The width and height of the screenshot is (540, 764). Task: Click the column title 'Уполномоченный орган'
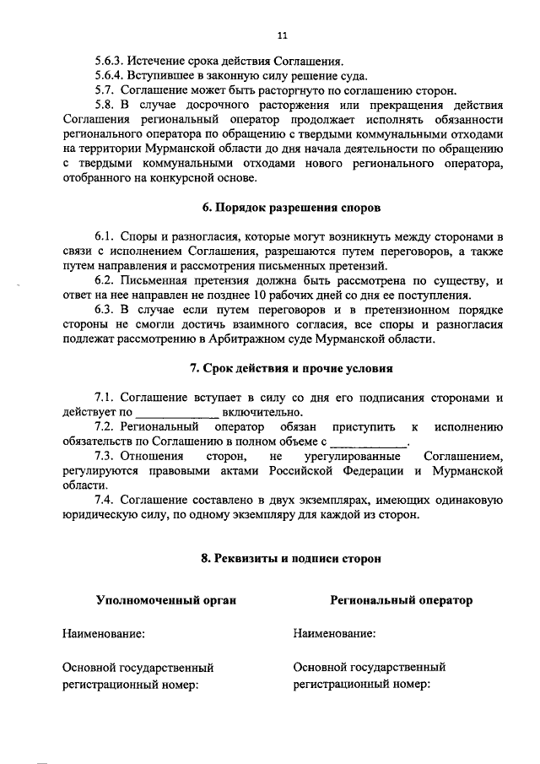pyautogui.click(x=165, y=600)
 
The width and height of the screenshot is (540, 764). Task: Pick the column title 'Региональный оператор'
pyautogui.click(x=401, y=600)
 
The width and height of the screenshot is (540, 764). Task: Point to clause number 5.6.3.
pyautogui.click(x=109, y=62)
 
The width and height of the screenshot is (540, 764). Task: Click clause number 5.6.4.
pyautogui.click(x=109, y=75)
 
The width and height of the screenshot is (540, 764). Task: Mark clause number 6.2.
pyautogui.click(x=104, y=280)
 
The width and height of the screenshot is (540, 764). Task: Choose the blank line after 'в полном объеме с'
pyautogui.click(x=368, y=442)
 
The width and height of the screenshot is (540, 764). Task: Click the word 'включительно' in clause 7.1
pyautogui.click(x=259, y=411)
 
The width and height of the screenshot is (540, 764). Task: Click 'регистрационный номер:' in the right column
pyautogui.click(x=362, y=684)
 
